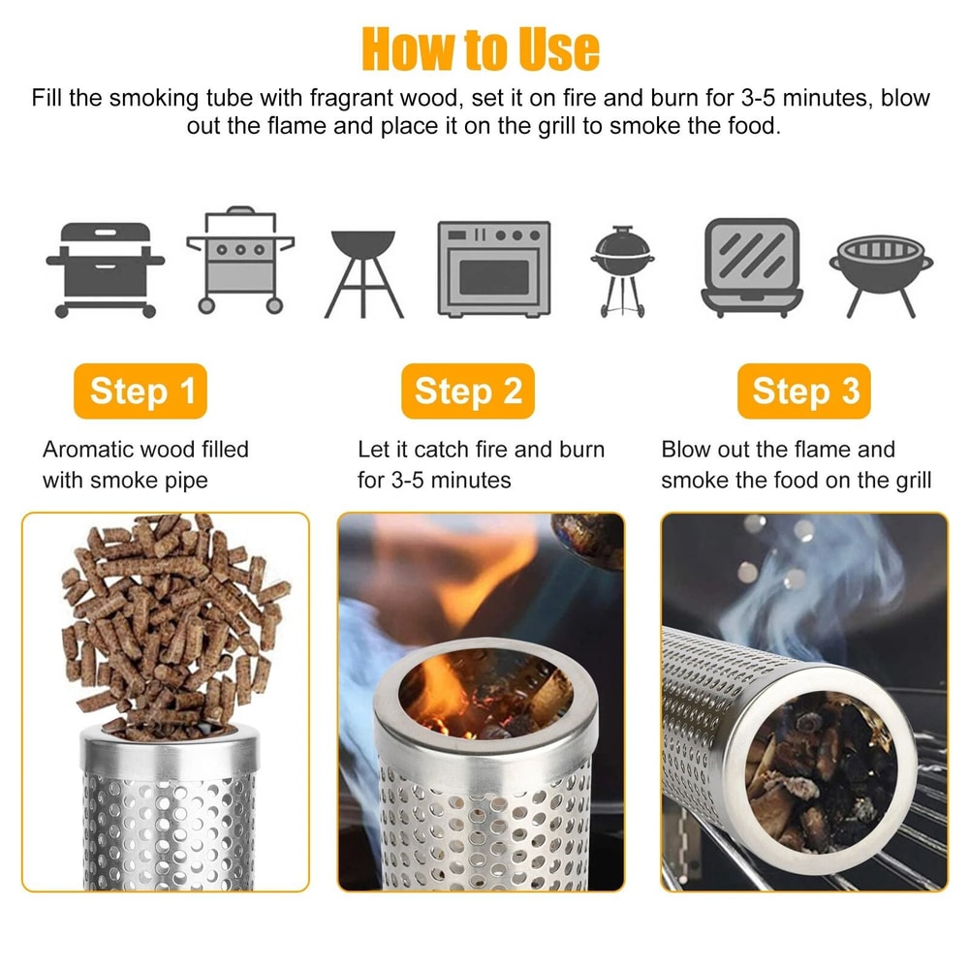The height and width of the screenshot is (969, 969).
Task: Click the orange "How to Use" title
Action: [x=481, y=48]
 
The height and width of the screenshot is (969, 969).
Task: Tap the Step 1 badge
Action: [x=141, y=391]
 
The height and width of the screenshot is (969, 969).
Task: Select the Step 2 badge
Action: [x=468, y=391]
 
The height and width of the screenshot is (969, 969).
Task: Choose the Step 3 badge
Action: [x=804, y=391]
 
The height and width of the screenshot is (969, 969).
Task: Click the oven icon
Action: [x=493, y=268]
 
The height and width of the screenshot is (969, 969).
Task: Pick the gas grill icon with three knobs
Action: [x=240, y=260]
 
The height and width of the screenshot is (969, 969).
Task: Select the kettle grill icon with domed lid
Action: [x=621, y=268]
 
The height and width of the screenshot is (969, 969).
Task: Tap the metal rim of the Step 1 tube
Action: [x=169, y=749]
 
